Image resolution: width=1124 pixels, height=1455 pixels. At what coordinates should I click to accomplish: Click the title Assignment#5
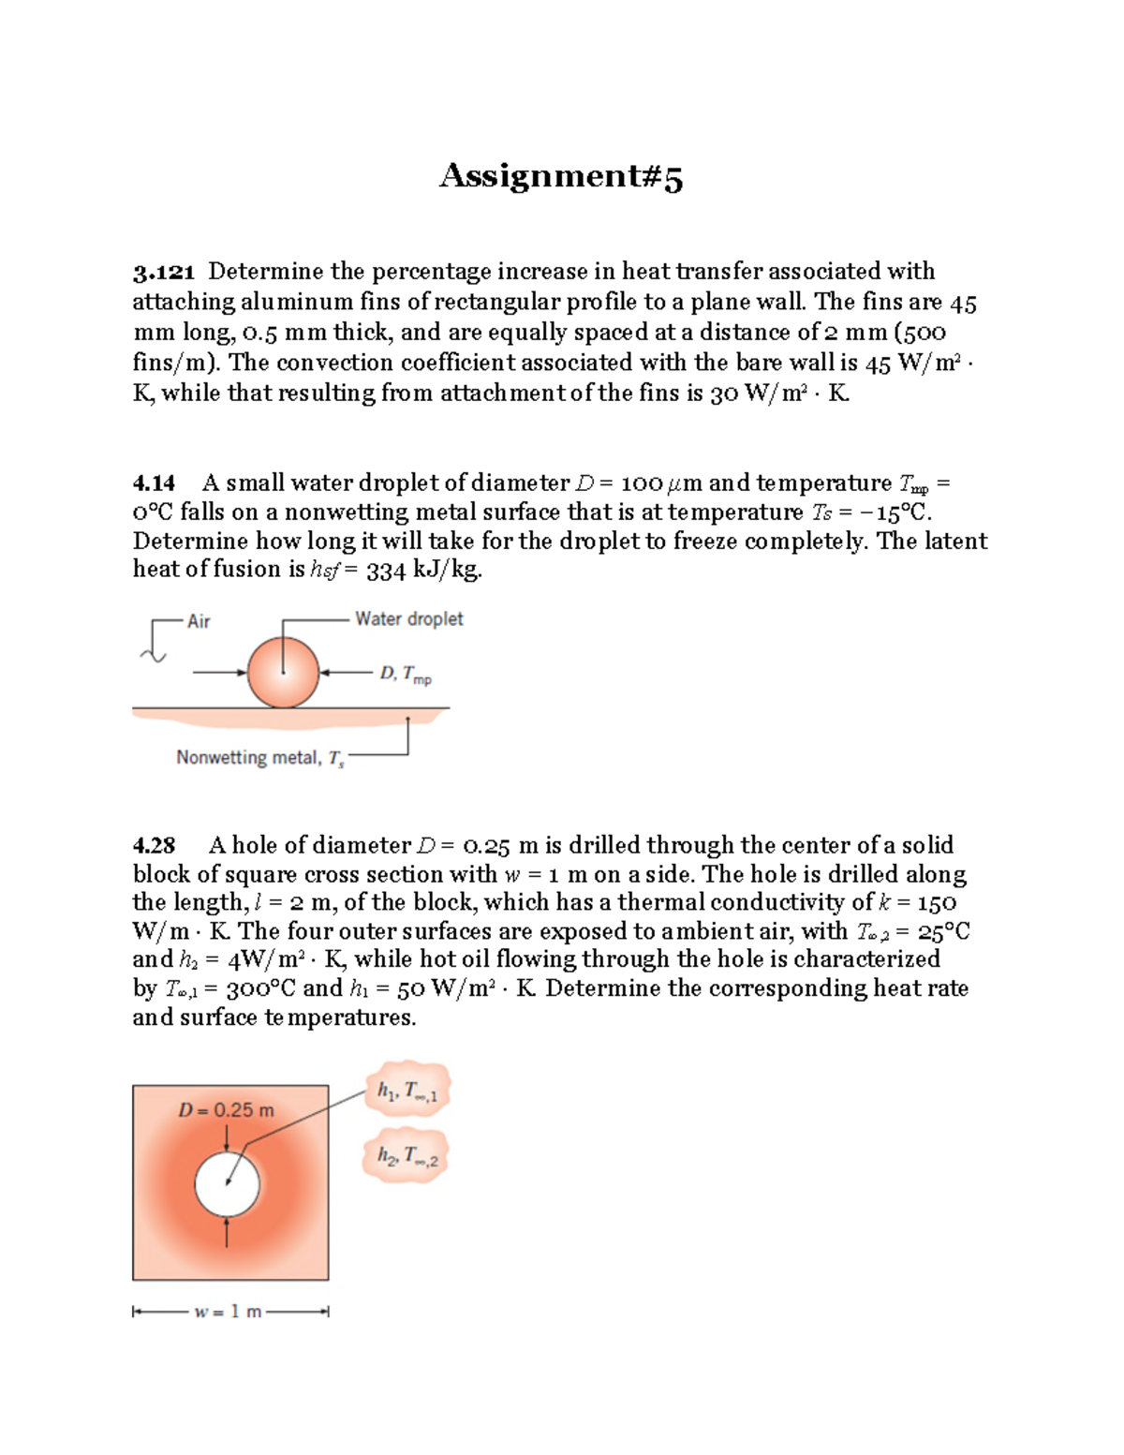point(561,176)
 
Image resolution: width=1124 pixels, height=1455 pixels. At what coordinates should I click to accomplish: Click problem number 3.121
point(163,272)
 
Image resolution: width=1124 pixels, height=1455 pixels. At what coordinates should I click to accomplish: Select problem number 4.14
point(154,483)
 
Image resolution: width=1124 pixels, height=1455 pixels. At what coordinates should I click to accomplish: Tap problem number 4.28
point(154,846)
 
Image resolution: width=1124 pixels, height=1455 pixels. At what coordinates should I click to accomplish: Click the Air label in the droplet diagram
point(199,621)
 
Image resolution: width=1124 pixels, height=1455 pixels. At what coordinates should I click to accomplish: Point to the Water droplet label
point(408,619)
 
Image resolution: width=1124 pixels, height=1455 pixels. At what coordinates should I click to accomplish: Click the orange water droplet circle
point(283,673)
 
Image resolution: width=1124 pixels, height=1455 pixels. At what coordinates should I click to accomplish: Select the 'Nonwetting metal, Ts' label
point(259,758)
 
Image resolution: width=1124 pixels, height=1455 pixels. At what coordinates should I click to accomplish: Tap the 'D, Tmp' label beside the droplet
point(405,675)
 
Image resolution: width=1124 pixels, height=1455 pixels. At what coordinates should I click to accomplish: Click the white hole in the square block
point(227,1183)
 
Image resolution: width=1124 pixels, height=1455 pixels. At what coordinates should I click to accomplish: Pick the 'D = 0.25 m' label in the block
point(226,1110)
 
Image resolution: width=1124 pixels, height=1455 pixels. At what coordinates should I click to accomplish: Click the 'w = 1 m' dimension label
point(228,1312)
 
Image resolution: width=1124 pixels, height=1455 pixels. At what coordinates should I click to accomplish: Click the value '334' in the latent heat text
point(386,570)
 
